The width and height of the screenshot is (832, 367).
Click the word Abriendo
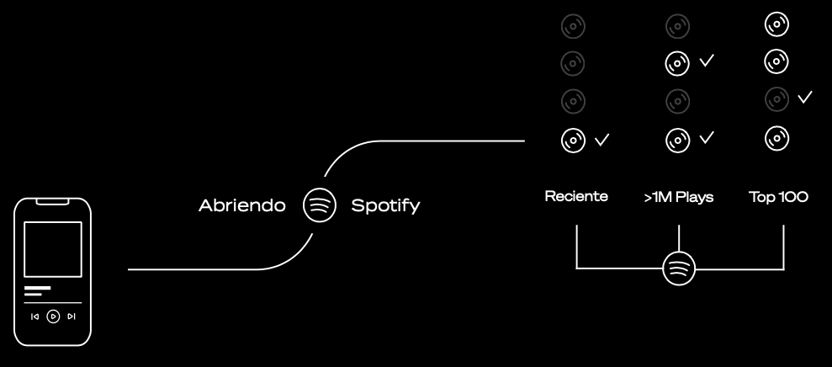[241, 205]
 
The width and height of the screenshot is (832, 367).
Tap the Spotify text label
[385, 205]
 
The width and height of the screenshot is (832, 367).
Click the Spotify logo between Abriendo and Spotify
[320, 205]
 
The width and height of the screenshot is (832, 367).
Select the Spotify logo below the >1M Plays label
[679, 269]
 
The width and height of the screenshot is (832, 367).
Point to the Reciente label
[576, 197]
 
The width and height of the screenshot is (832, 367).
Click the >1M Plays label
[678, 197]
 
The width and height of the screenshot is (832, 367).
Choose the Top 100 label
[778, 197]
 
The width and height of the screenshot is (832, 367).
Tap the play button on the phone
[53, 316]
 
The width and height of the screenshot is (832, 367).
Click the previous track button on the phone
[34, 316]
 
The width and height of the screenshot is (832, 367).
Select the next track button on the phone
[72, 316]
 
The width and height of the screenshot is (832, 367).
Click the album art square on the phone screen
[53, 250]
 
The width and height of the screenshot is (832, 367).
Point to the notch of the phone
[53, 202]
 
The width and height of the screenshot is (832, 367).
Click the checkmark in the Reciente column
[601, 139]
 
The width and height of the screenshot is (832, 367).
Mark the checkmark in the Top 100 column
[805, 98]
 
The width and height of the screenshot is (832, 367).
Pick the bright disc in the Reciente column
[574, 139]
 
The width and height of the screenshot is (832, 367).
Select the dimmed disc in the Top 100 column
[776, 98]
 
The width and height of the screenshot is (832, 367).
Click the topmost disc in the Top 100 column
[776, 25]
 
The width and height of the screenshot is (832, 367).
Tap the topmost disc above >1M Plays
[677, 26]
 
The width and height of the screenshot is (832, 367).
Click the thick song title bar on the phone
[38, 289]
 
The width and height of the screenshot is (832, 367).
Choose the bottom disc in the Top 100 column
[776, 136]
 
